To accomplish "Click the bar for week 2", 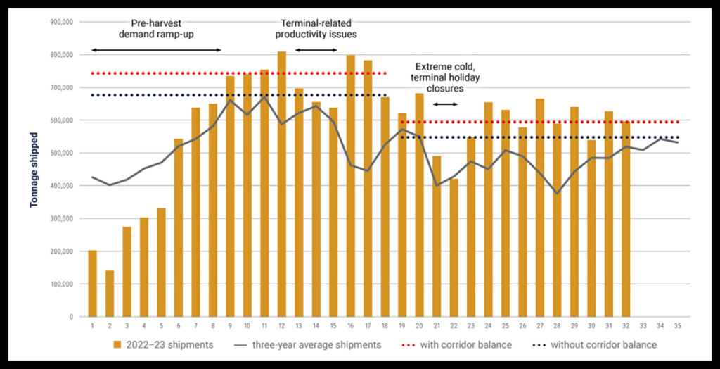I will (110, 294).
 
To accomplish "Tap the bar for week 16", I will (350, 186).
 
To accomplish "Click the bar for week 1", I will (92, 283).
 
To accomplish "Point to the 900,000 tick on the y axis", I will (63, 22).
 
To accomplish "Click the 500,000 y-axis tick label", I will (63, 153).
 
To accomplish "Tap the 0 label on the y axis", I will (71, 317).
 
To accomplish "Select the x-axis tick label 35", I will (677, 326).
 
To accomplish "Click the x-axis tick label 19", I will (401, 326).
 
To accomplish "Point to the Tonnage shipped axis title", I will (34, 169).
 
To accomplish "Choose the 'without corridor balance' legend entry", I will (595, 345).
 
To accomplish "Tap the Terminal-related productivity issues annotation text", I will (316, 28).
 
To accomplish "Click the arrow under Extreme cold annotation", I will (444, 104).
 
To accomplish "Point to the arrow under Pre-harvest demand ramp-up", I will (156, 50).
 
